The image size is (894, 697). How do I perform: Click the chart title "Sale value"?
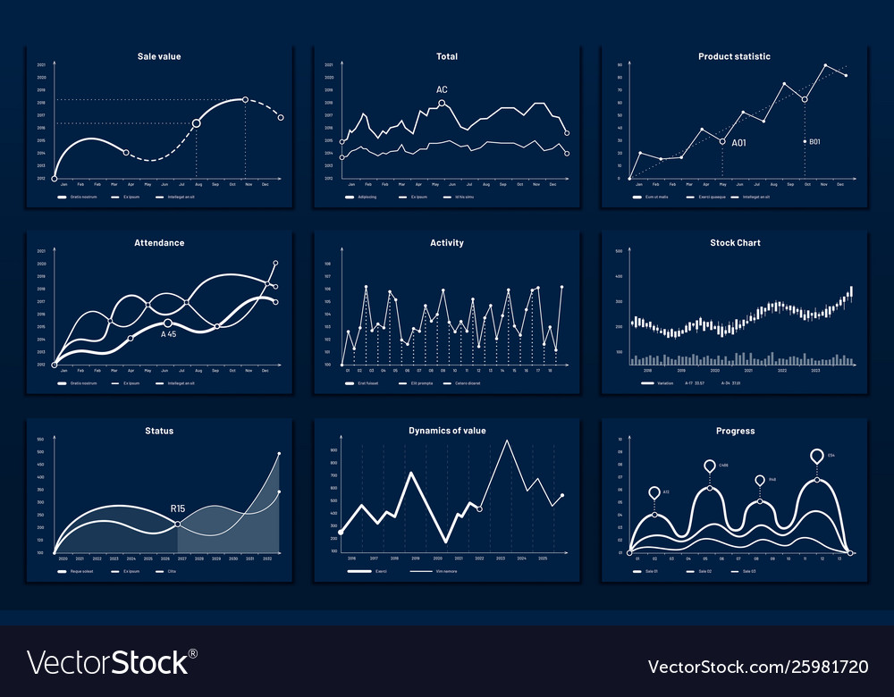tap(160, 56)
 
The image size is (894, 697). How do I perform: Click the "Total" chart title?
tap(447, 56)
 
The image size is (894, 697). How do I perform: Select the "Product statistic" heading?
tap(734, 56)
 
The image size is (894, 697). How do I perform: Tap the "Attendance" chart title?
tap(160, 243)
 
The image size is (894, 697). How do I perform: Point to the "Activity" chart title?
tap(447, 243)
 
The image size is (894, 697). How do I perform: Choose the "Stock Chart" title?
tap(734, 243)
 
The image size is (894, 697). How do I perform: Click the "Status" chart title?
tap(160, 431)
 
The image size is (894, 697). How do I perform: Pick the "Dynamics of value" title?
tap(447, 431)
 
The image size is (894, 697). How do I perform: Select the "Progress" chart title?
tap(734, 431)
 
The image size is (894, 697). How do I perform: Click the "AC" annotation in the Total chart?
tap(442, 90)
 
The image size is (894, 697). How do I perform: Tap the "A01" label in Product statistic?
tap(738, 143)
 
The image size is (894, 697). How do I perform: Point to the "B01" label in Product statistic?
tap(814, 142)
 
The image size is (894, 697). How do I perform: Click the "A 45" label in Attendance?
tap(168, 334)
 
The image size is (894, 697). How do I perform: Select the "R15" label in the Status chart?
tap(179, 509)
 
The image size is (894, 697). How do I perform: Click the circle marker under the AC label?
tap(442, 104)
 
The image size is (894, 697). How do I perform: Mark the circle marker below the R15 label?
tap(179, 524)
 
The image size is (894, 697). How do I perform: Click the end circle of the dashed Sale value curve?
tap(281, 118)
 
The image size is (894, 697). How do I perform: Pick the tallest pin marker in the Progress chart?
tap(816, 457)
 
